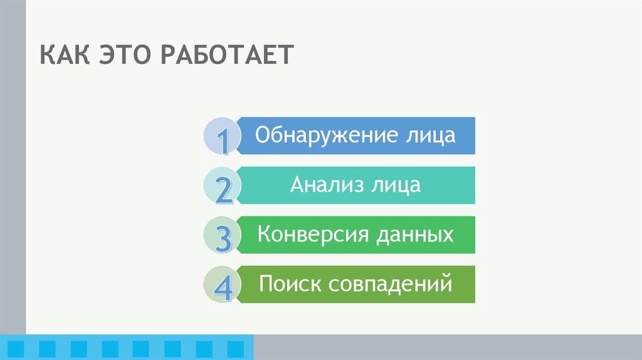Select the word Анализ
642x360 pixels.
click(327, 184)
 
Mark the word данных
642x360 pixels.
click(414, 235)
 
